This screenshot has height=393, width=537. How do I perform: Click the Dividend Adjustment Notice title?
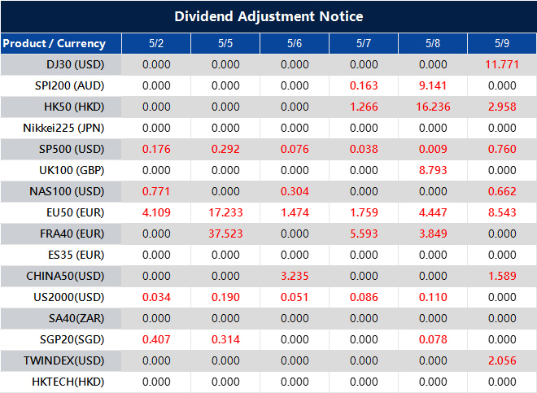coord(268,16)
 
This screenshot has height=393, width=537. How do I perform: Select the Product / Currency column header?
coord(54,43)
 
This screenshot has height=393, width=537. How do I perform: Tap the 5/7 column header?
coord(364,43)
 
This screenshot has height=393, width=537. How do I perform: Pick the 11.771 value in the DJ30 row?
coord(503,64)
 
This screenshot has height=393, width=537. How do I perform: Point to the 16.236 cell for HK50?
coord(433,107)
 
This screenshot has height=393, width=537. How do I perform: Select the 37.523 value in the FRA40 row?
coord(225,234)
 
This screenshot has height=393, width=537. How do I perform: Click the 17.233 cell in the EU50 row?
coord(225,212)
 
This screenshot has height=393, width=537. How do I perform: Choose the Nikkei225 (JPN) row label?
coord(64,128)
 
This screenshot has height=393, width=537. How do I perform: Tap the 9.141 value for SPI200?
coord(433,85)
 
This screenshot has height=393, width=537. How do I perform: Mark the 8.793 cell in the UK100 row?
coord(433,170)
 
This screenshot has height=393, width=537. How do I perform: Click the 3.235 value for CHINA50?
coord(295,276)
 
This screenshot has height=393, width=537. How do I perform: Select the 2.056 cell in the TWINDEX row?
coord(503,360)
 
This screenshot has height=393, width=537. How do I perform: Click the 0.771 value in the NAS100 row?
coord(156,191)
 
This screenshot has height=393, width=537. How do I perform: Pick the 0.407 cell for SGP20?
coord(156,339)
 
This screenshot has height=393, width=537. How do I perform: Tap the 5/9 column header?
coord(503,43)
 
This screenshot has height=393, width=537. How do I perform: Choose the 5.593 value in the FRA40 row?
coord(364,234)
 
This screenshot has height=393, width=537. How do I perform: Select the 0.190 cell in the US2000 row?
coord(225,297)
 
